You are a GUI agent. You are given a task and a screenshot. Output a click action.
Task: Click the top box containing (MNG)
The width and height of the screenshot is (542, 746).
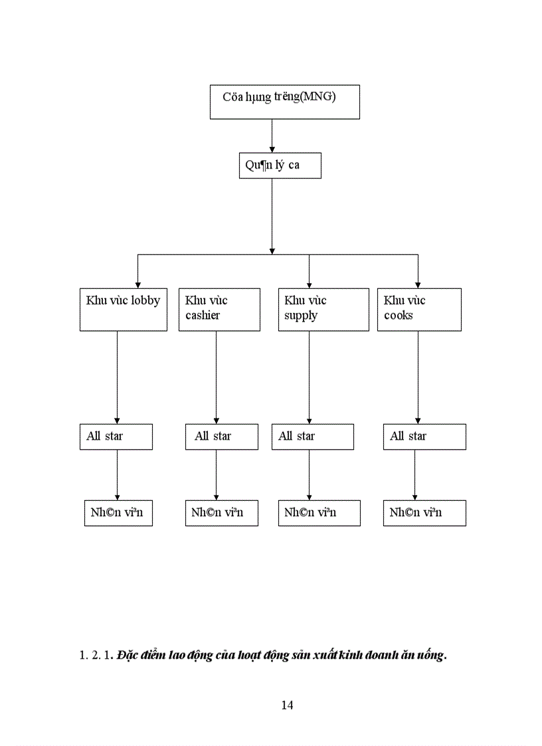point(284,102)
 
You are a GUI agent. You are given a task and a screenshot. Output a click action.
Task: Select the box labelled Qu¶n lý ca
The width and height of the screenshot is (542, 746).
point(280,165)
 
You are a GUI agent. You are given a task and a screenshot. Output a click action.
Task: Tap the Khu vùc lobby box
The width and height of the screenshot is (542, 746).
point(123,309)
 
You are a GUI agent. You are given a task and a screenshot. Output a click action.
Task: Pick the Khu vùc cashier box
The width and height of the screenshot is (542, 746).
point(219,309)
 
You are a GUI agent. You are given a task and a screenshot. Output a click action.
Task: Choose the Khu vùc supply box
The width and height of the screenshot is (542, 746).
point(323,309)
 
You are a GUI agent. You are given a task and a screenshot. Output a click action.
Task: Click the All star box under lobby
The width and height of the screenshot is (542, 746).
point(116,436)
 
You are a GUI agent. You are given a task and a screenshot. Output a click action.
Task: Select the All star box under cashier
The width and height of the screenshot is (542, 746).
point(221,436)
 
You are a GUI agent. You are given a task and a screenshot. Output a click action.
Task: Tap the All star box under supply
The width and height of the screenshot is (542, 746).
point(312,436)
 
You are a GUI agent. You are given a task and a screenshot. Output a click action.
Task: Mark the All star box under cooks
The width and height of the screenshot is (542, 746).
point(424,436)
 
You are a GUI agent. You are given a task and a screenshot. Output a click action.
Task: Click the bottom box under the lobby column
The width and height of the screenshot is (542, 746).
point(118,513)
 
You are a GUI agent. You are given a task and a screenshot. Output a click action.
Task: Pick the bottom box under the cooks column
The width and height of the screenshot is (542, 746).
point(424,513)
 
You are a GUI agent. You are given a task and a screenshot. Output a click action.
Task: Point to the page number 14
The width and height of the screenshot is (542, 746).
point(287,705)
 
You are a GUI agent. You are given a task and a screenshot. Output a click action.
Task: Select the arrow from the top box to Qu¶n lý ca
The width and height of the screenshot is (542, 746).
point(272,136)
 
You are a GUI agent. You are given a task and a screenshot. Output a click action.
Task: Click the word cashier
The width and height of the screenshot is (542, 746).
point(203,316)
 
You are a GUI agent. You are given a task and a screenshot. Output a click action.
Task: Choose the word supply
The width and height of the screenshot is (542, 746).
point(301,316)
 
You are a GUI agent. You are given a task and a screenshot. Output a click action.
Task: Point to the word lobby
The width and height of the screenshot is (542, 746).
point(145,300)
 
